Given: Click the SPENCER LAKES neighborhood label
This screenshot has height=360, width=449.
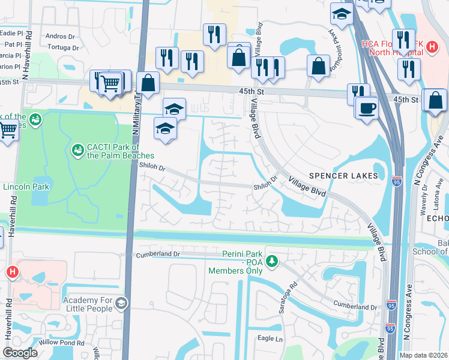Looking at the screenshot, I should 344,175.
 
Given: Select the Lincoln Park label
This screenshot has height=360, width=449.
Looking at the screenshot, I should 25,187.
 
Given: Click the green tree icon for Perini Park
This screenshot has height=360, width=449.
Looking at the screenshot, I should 272,261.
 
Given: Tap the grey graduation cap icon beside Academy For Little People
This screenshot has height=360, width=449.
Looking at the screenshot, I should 121,304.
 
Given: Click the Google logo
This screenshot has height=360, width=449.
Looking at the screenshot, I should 20,352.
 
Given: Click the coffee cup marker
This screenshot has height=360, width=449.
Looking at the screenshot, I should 366,108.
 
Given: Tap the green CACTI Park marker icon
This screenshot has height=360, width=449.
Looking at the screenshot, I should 77,149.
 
